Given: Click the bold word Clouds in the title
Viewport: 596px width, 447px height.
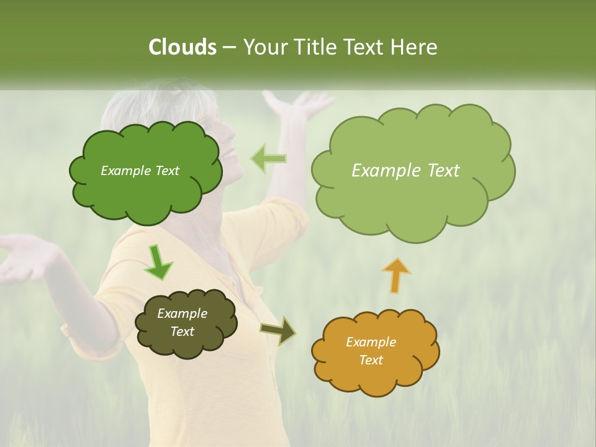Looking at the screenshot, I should point(182,47).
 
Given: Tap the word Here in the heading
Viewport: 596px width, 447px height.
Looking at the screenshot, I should point(415,47).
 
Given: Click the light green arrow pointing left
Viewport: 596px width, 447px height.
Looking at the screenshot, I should point(268,158).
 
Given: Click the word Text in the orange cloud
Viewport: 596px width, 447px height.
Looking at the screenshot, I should point(371,360).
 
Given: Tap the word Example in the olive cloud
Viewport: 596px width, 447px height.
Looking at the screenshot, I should point(182,314).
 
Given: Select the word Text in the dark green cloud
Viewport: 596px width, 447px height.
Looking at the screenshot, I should point(166,171).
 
